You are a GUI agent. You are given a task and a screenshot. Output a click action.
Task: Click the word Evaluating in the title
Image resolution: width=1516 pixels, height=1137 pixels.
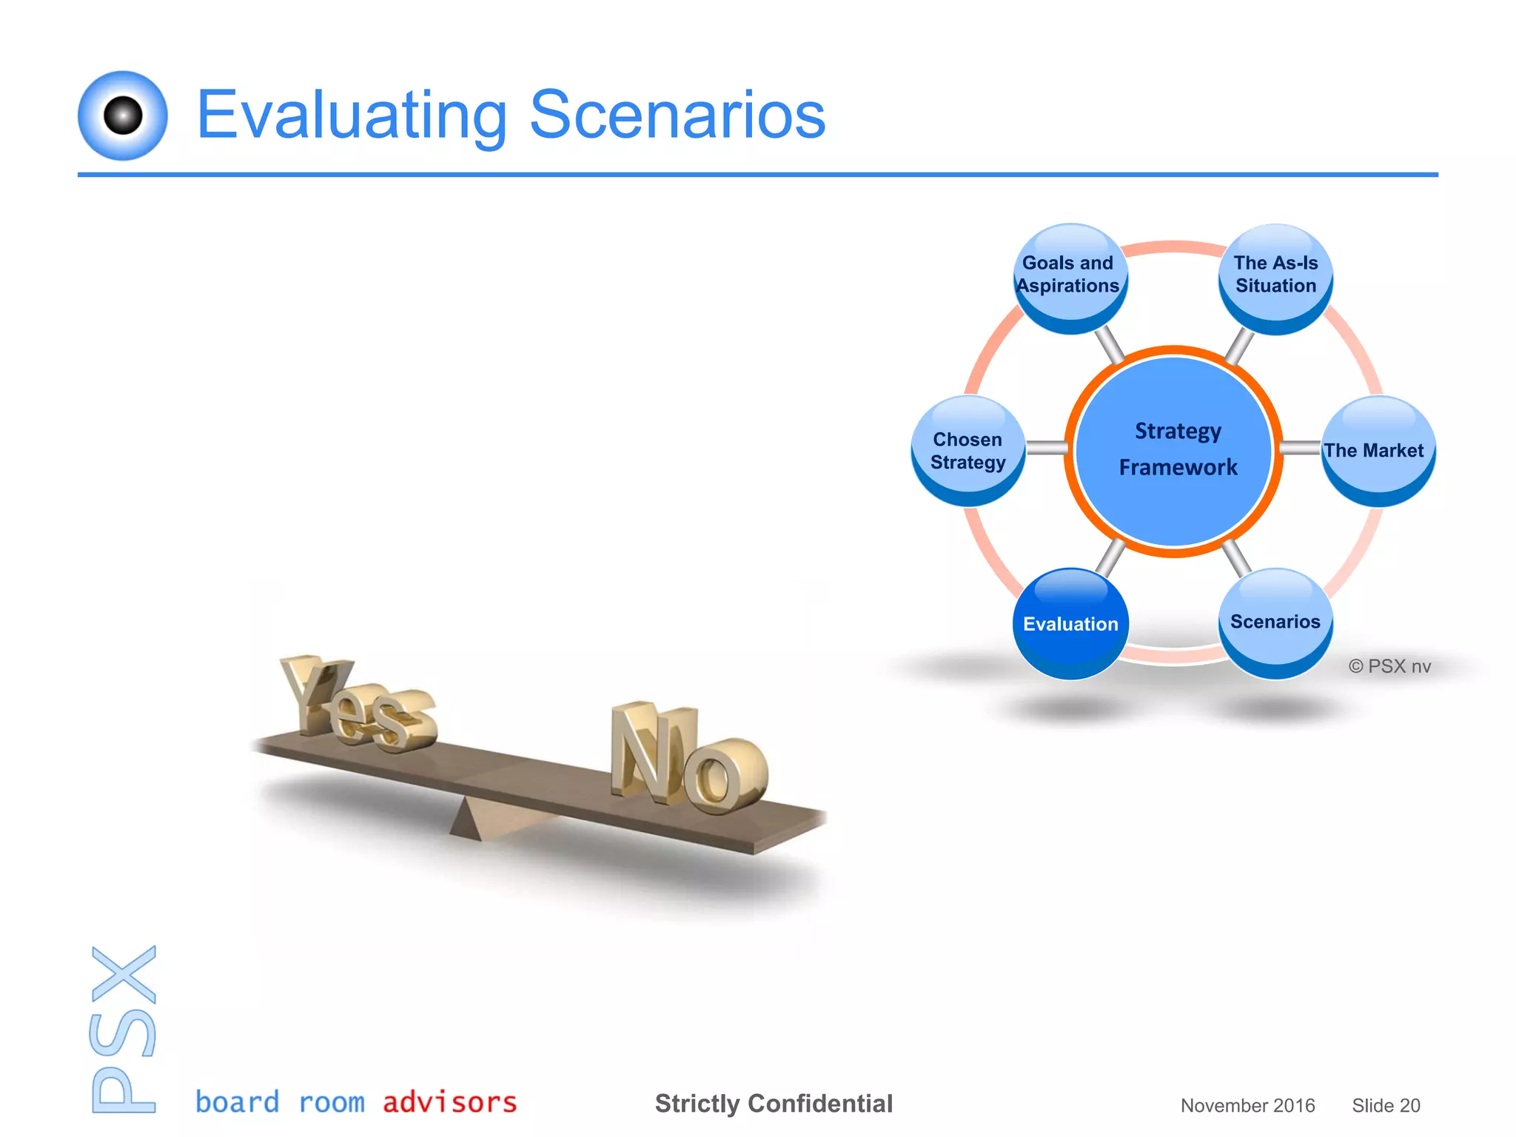(x=352, y=115)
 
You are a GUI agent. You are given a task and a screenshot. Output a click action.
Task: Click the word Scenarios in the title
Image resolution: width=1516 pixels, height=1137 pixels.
(x=677, y=115)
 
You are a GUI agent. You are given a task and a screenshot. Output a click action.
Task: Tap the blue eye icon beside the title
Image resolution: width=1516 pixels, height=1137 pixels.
(x=123, y=115)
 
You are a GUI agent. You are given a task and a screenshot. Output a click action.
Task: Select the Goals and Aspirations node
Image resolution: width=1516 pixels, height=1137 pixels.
(x=1069, y=277)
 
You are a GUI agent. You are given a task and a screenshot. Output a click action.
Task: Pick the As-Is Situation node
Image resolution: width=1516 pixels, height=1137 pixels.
(x=1275, y=277)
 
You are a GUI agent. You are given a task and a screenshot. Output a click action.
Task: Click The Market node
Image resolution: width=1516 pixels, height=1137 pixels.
(x=1377, y=450)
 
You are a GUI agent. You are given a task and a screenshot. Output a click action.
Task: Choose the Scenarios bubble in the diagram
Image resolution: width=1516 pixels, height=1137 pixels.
(x=1275, y=622)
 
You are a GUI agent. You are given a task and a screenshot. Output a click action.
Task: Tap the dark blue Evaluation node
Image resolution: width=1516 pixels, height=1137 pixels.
(x=1070, y=623)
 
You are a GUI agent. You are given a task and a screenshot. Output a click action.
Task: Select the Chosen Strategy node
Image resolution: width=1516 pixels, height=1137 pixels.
(x=967, y=450)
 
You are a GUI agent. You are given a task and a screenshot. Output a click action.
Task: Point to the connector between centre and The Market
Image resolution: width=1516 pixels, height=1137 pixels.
(x=1301, y=448)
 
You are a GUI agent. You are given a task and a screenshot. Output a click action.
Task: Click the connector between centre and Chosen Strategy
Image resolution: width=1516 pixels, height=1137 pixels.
(x=1047, y=448)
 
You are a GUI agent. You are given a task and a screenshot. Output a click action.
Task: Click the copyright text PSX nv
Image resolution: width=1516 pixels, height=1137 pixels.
(x=1389, y=666)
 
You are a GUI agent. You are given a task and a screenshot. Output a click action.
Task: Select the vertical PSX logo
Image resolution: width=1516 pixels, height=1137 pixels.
(x=124, y=1029)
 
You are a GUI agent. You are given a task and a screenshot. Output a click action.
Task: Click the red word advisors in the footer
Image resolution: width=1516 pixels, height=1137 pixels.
(x=449, y=1102)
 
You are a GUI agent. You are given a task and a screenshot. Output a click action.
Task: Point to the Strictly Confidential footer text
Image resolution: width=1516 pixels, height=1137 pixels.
(x=774, y=1104)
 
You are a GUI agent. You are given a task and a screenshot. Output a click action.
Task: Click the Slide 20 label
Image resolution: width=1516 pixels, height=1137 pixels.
(x=1386, y=1105)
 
